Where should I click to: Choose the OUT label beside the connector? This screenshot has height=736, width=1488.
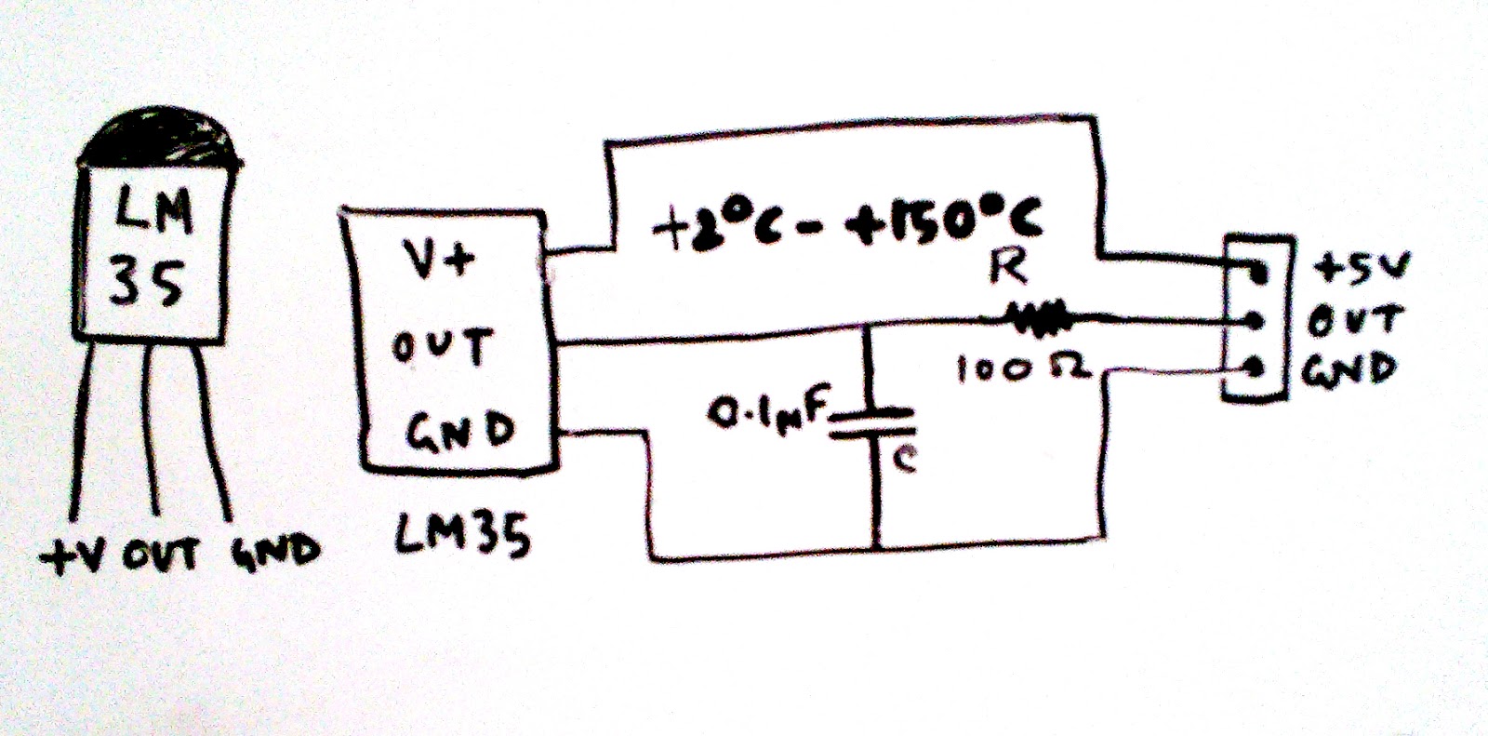pos(1353,321)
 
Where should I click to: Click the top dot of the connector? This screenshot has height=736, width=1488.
pos(1258,273)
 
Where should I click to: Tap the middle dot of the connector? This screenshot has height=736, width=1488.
pos(1255,321)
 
